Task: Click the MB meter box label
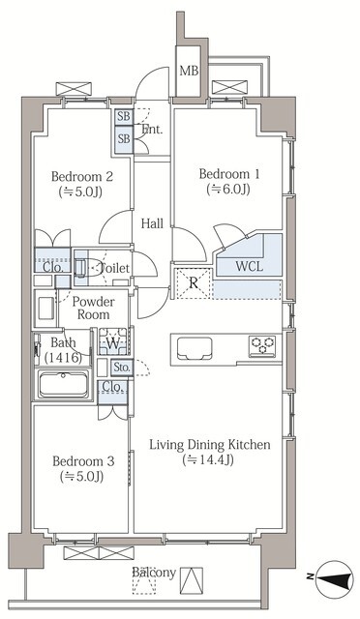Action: [x=189, y=71]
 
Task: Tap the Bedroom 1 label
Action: [x=229, y=174]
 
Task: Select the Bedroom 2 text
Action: [x=82, y=176]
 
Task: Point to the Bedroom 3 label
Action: [x=83, y=461]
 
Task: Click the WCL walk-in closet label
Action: [x=249, y=266]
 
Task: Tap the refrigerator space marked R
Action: [x=194, y=283]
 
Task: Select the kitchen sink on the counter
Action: [x=195, y=349]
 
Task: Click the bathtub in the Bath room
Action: [x=63, y=385]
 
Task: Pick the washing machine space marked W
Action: [x=113, y=341]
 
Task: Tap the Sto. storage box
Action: [x=122, y=368]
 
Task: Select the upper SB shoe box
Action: [x=124, y=117]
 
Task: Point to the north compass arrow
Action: [x=334, y=578]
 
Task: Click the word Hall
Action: [x=152, y=223]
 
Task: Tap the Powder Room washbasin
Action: [x=45, y=309]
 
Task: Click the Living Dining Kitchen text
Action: [x=210, y=445]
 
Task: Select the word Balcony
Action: [x=154, y=573]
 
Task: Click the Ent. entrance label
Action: [x=152, y=129]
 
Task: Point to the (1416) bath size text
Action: [x=63, y=358]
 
